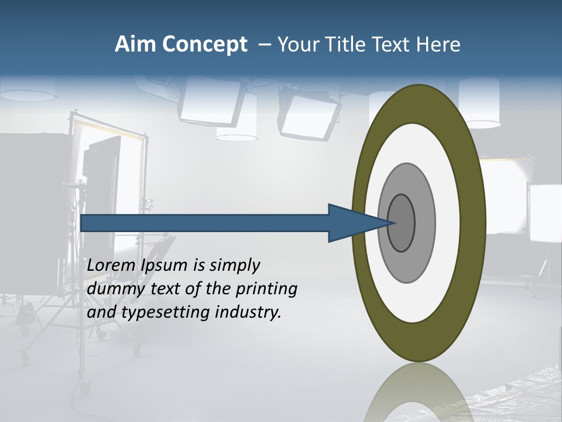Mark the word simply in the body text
point(234,266)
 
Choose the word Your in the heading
point(296,45)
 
